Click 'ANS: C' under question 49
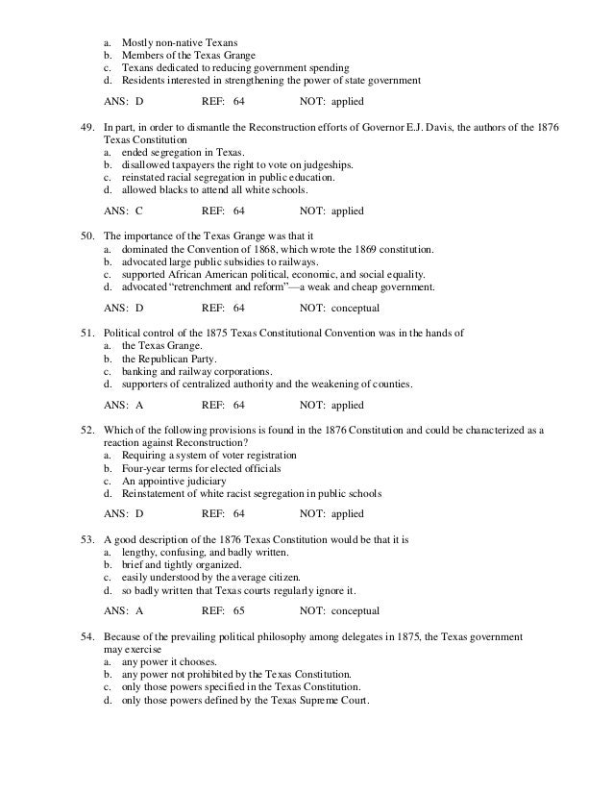click(x=122, y=209)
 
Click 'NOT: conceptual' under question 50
click(x=339, y=310)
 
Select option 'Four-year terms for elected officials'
click(x=200, y=468)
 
